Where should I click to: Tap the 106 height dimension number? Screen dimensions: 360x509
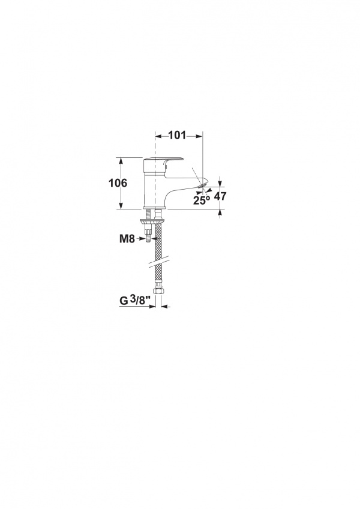click(118, 183)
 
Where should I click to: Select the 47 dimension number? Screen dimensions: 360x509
click(220, 196)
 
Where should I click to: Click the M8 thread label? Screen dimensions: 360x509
click(127, 239)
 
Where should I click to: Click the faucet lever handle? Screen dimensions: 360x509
click(163, 160)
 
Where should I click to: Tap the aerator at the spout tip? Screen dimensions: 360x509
click(203, 185)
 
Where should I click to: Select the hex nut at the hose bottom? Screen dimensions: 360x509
click(158, 292)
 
